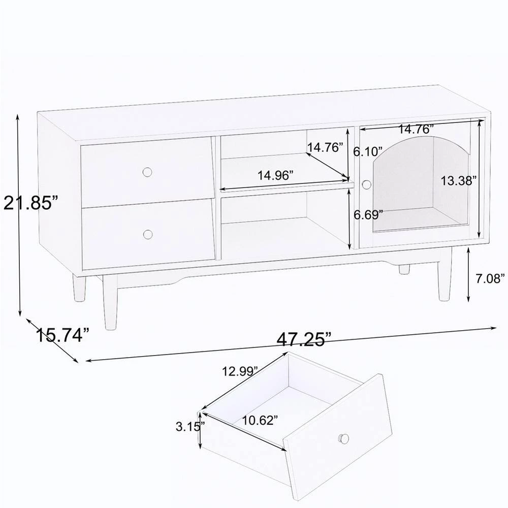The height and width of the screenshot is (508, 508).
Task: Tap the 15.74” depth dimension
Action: point(62,335)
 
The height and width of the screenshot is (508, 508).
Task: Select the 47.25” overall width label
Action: point(304,339)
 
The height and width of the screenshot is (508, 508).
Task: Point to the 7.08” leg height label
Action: point(490,278)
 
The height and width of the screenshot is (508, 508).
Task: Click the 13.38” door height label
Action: point(458,180)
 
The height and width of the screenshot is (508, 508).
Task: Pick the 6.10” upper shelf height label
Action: point(368,151)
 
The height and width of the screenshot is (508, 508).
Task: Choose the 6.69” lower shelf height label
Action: point(368,214)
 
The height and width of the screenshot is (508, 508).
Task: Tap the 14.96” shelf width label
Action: point(275,176)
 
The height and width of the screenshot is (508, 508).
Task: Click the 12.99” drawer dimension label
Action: point(240,371)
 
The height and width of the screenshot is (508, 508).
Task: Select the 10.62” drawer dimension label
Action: point(260,420)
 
